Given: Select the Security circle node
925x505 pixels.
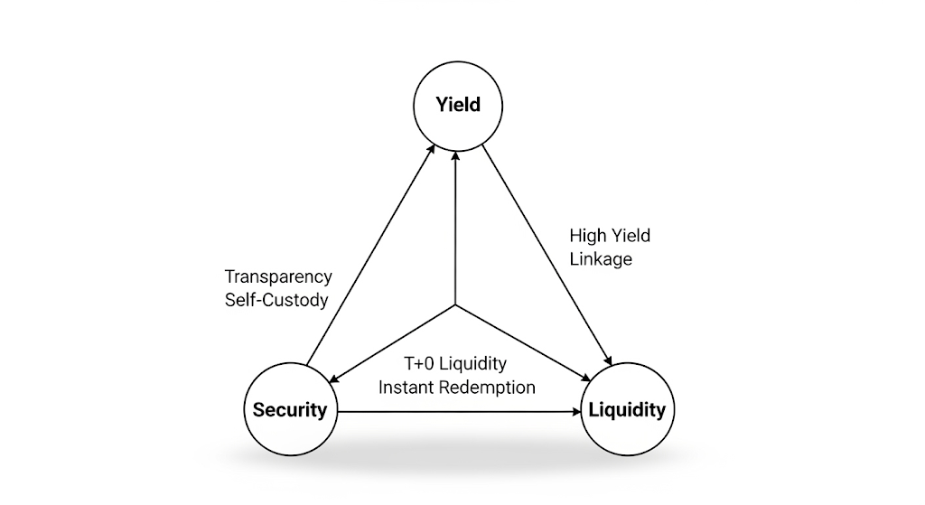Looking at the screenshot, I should [289, 409].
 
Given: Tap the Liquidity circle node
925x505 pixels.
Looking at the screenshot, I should [626, 409].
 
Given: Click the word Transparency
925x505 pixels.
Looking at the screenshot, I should [278, 276].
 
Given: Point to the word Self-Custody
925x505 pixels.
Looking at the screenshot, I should [276, 299].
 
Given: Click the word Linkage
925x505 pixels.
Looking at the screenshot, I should [601, 258].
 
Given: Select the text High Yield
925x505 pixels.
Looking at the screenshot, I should [610, 236].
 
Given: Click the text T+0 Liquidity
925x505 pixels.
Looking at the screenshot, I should [456, 364].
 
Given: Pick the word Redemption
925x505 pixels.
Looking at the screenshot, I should [491, 387].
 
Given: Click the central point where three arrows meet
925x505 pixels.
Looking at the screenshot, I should [456, 305].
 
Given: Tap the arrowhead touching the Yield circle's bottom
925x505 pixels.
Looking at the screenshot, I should [456, 154].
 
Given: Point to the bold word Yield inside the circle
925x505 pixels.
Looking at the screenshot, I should [458, 105].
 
